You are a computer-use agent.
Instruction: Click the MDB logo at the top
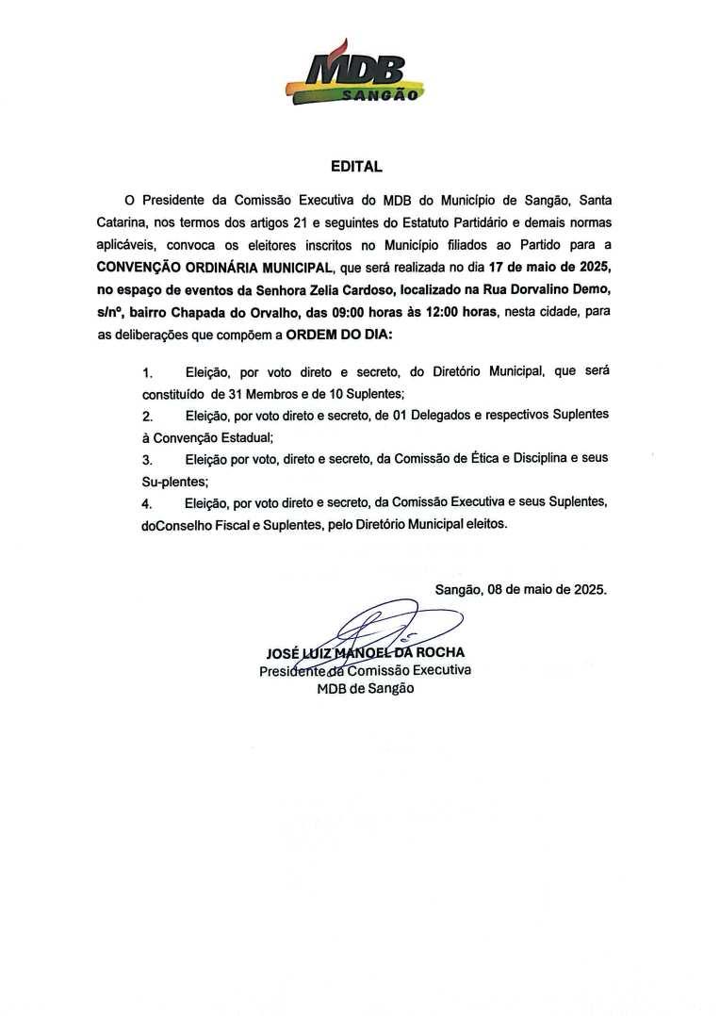[x=356, y=74]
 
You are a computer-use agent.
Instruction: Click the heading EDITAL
[x=356, y=167]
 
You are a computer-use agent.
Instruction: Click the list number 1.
[x=147, y=373]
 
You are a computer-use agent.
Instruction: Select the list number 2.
[x=147, y=416]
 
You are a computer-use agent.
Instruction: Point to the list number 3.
[x=147, y=459]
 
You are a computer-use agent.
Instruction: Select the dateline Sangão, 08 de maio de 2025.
[x=521, y=590]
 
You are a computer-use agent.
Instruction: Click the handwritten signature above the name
[x=396, y=627]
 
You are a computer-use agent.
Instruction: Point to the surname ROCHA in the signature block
[x=439, y=652]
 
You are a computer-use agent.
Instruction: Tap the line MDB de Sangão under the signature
[x=365, y=688]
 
